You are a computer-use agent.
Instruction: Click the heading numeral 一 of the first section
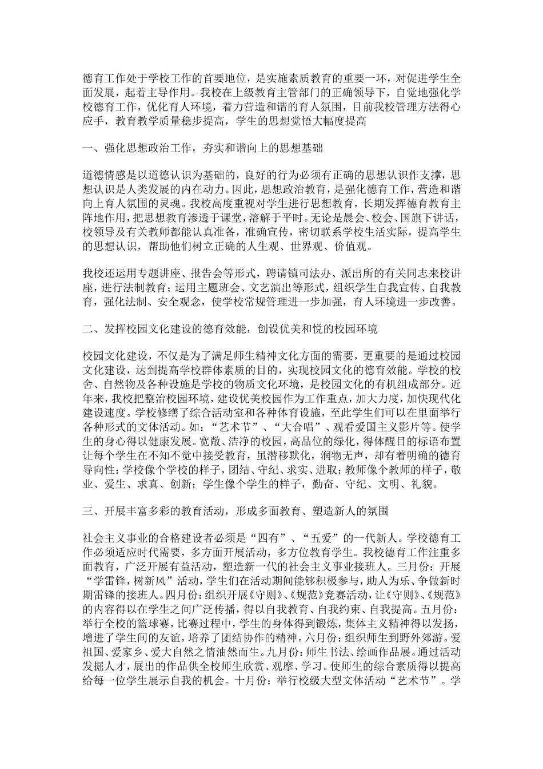89,149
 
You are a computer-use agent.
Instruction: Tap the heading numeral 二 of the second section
89,329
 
